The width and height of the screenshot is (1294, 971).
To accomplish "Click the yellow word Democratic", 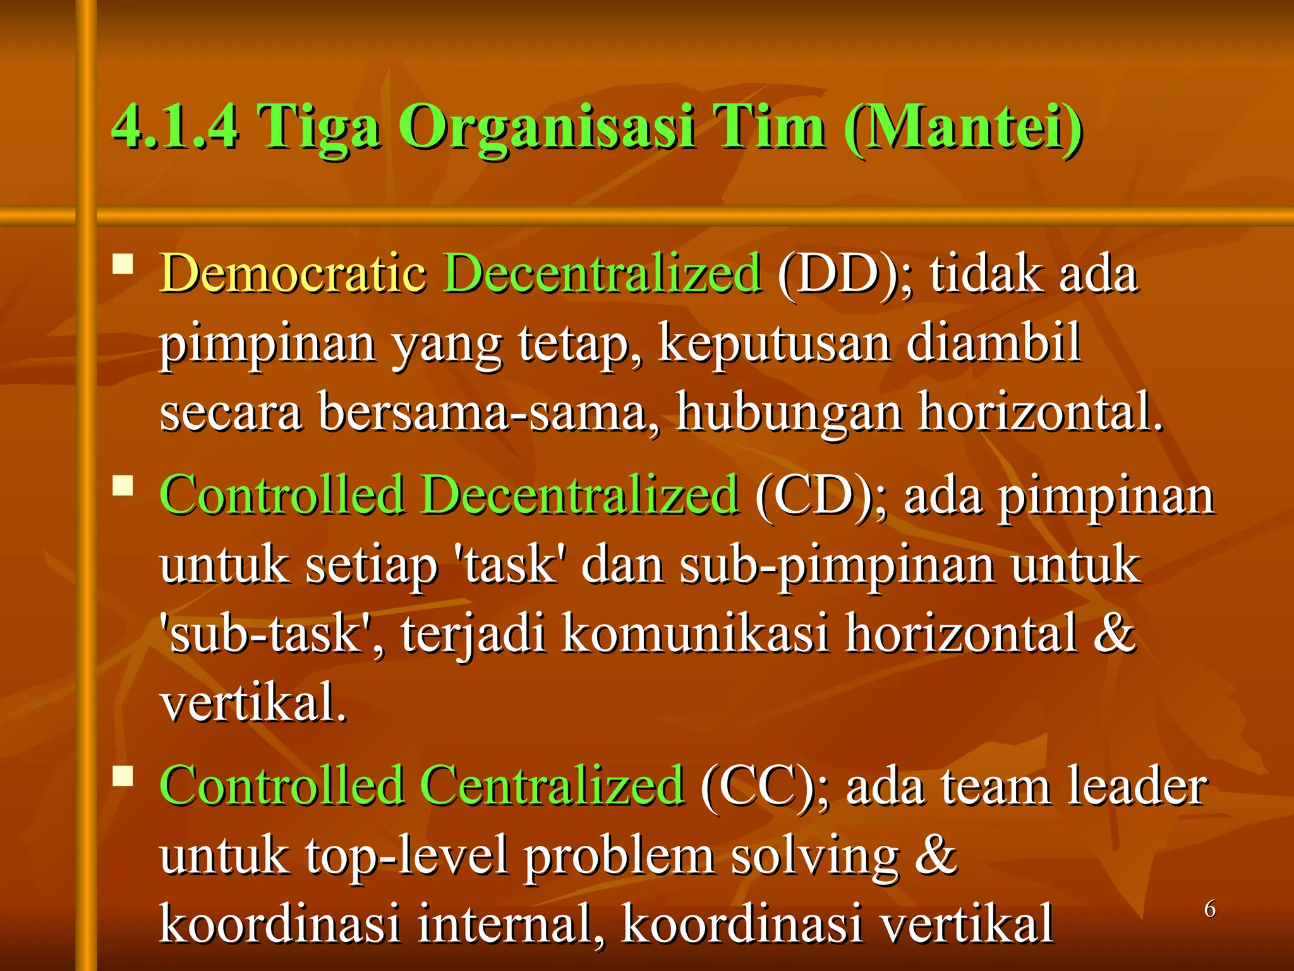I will point(293,272).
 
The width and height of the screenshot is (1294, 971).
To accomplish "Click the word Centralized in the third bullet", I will point(552,785).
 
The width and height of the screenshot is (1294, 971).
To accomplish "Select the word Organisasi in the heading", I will point(547,127).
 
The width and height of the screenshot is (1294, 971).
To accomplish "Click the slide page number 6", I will point(1209,909).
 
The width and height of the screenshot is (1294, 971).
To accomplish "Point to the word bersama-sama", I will point(488,412).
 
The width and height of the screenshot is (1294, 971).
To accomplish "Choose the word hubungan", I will point(789,412).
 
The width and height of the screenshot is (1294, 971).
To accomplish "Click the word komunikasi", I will point(694,633).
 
